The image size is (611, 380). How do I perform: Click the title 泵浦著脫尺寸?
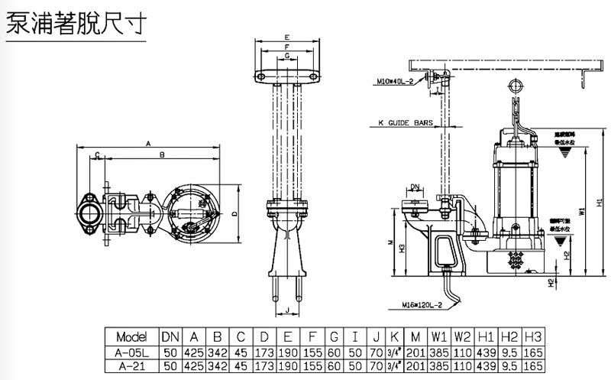click(x=77, y=24)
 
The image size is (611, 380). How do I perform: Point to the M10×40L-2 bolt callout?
click(x=396, y=80)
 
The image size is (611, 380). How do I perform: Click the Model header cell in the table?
click(x=131, y=336)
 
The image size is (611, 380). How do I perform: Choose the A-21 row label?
click(x=131, y=367)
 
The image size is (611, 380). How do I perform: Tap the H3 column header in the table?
click(x=535, y=336)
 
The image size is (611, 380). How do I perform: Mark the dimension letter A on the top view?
click(x=148, y=142)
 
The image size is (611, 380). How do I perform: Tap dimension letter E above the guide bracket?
click(x=286, y=37)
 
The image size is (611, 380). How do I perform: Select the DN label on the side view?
click(x=415, y=186)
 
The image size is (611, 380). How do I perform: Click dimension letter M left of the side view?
click(x=390, y=244)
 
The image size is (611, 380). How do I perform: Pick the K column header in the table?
click(x=393, y=336)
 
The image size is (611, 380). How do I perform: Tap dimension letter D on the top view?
click(x=234, y=212)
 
